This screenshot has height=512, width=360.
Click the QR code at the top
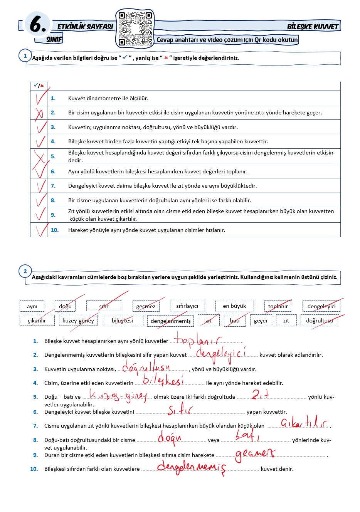click(x=135, y=29)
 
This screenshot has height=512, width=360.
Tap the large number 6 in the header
click(x=38, y=25)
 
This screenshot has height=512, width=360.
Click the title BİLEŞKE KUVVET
click(x=313, y=27)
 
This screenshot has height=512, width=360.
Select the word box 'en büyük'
click(x=234, y=306)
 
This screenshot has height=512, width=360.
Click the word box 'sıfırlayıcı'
click(x=187, y=306)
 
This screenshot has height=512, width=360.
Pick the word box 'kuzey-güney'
click(x=78, y=321)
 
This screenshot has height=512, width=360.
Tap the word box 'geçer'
click(x=261, y=321)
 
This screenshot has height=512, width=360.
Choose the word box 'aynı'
click(x=32, y=306)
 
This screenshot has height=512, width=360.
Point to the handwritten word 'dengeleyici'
click(x=220, y=354)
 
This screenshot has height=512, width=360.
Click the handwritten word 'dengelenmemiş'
click(x=191, y=467)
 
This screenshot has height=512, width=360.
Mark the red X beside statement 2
click(x=39, y=113)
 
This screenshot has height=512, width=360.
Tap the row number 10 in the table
click(x=55, y=230)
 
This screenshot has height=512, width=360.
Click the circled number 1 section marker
click(x=25, y=56)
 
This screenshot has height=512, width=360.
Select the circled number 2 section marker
click(x=25, y=271)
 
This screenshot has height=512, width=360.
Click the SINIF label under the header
click(x=54, y=39)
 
